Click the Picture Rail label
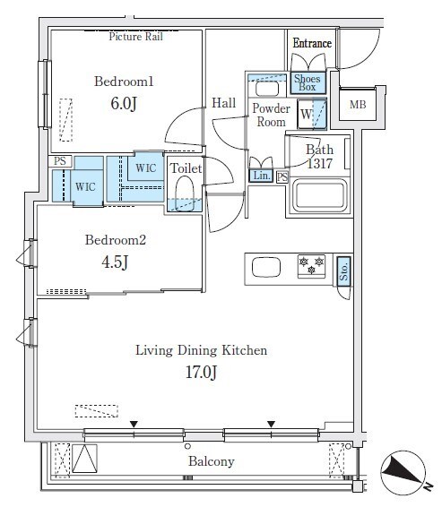136,37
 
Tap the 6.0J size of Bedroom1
124,104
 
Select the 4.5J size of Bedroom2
115,262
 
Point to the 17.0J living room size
201,372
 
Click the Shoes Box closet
308,82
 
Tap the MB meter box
358,104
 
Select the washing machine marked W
312,114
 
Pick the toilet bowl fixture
185,193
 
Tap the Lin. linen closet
261,176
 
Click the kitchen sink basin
266,267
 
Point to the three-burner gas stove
311,266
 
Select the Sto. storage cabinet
343,271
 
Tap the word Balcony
212,461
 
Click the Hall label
223,103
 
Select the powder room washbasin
267,89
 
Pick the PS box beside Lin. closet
282,176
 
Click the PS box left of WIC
60,161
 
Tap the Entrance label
312,43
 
